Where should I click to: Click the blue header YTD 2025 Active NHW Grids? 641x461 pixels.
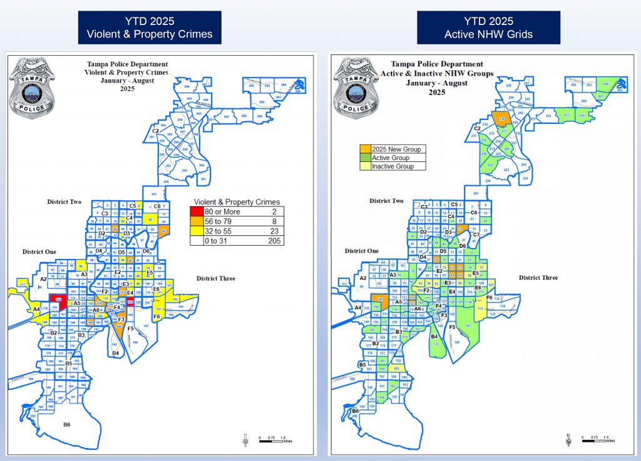[488, 28]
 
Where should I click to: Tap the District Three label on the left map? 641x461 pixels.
[216, 278]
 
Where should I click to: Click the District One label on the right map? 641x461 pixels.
[361, 251]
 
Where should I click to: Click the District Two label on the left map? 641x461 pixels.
[65, 202]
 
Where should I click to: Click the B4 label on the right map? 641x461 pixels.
[434, 337]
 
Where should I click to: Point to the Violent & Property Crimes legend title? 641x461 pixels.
[237, 202]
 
